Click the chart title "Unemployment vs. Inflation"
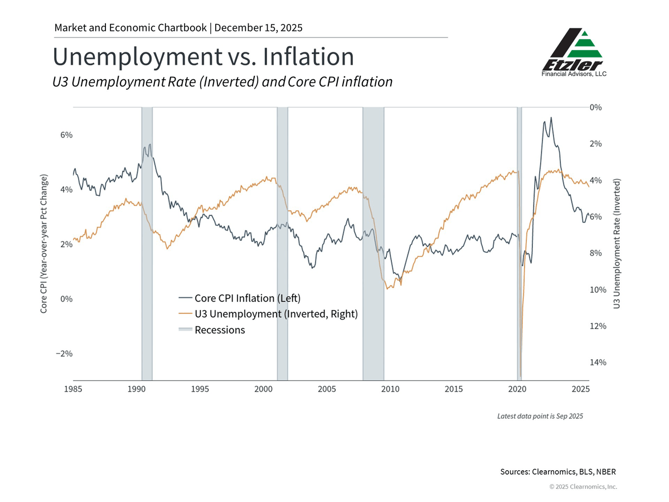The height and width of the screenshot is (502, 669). pyautogui.click(x=203, y=57)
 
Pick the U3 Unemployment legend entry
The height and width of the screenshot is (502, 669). pyautogui.click(x=276, y=313)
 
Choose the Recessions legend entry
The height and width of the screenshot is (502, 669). pyautogui.click(x=220, y=330)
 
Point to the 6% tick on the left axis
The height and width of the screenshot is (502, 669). pyautogui.click(x=67, y=135)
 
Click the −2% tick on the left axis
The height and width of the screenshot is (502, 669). pyautogui.click(x=65, y=354)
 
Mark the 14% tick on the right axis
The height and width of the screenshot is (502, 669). pyautogui.click(x=598, y=363)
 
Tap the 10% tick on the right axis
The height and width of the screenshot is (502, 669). pyautogui.click(x=598, y=289)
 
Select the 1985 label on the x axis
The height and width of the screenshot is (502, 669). pyautogui.click(x=73, y=389)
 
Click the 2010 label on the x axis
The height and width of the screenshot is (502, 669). pyautogui.click(x=390, y=389)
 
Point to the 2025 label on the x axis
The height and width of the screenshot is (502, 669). pyautogui.click(x=580, y=389)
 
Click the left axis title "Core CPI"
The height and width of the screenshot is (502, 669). pyautogui.click(x=44, y=243)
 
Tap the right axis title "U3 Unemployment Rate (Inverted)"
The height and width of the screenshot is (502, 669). pyautogui.click(x=617, y=244)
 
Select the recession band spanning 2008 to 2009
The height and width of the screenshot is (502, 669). pyautogui.click(x=373, y=243)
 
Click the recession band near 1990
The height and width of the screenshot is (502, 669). pyautogui.click(x=147, y=243)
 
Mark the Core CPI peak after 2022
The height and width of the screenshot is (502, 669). pyautogui.click(x=551, y=118)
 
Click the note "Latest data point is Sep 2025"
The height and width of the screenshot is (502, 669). pyautogui.click(x=540, y=416)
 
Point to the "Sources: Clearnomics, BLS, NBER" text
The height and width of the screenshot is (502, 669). pyautogui.click(x=558, y=472)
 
